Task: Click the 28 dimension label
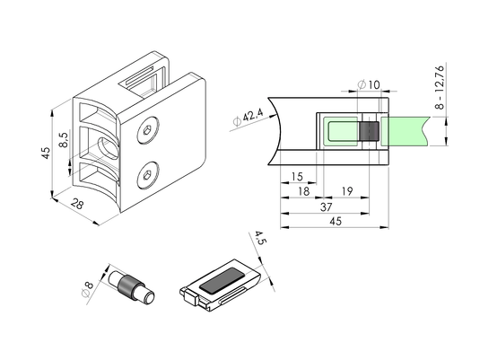click(x=77, y=204)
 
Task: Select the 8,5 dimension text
click(x=64, y=140)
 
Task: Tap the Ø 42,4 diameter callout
click(x=248, y=119)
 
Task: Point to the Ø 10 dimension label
click(x=369, y=84)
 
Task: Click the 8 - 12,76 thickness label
click(x=440, y=87)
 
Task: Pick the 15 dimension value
click(x=297, y=177)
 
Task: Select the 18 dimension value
click(x=303, y=191)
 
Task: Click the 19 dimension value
click(x=347, y=191)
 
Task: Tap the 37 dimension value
click(x=326, y=207)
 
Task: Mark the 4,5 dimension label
click(x=260, y=238)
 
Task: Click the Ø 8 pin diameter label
click(x=88, y=289)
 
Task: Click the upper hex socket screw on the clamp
click(x=148, y=130)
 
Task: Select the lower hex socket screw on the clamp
click(x=148, y=175)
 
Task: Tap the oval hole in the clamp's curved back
click(x=108, y=149)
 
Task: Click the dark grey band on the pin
click(x=126, y=286)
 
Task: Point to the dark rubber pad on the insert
click(x=223, y=281)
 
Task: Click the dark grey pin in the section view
click(x=369, y=131)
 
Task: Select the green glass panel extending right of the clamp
click(x=405, y=131)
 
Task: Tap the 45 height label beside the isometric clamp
click(x=46, y=153)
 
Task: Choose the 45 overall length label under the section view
click(x=336, y=221)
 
